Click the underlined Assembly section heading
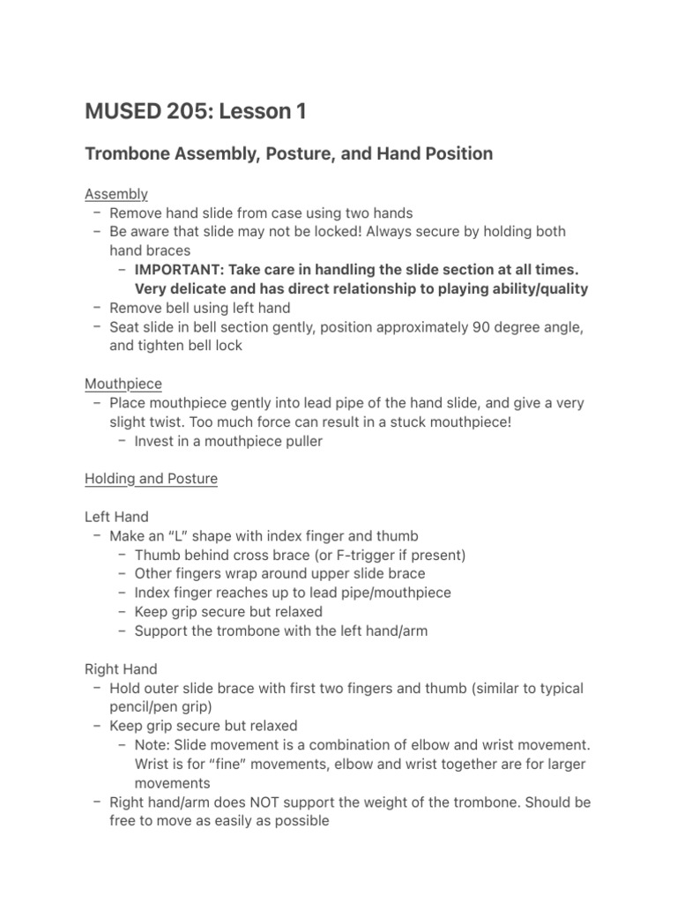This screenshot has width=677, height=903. tap(116, 194)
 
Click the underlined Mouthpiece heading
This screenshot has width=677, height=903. tap(123, 384)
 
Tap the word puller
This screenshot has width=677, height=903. tap(301, 442)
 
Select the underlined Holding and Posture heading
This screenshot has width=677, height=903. tap(151, 479)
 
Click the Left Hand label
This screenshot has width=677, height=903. tap(116, 517)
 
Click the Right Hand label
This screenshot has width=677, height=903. tap(121, 669)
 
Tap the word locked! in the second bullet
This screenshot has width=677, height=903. tap(332, 232)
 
